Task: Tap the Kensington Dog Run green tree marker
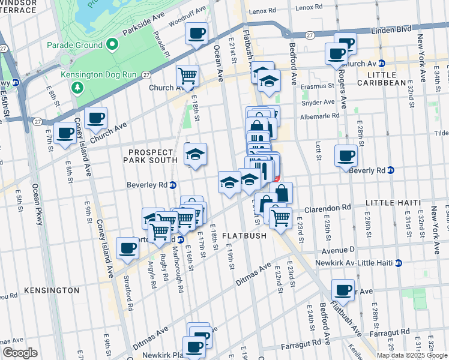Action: point(77,88)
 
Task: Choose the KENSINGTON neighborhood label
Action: point(52,290)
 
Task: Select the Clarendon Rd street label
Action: point(327,209)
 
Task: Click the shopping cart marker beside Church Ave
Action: point(187,76)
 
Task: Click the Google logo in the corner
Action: point(20,353)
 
